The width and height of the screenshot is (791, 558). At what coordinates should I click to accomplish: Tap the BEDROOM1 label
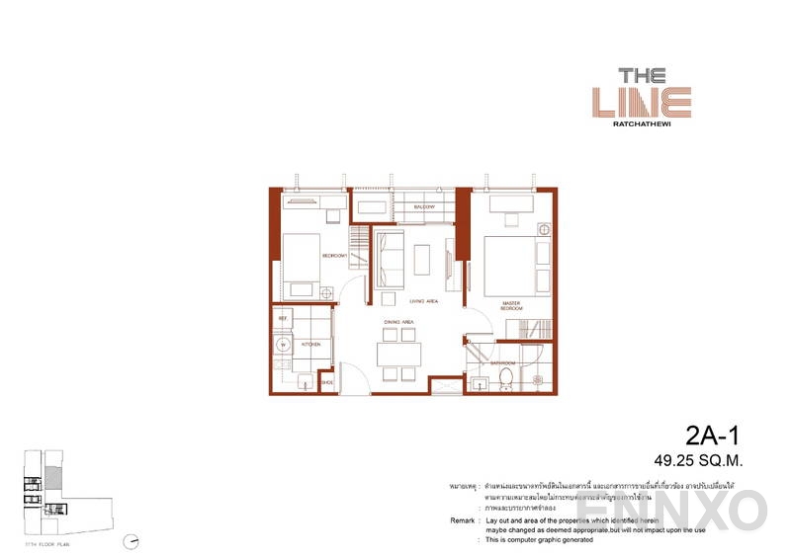point(333,256)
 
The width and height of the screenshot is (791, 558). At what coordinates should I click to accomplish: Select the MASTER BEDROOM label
point(510,305)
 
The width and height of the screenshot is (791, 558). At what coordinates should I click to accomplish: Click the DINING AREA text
point(398,322)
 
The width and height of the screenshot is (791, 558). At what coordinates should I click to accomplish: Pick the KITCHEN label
point(310,345)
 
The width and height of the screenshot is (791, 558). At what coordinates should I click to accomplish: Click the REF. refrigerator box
point(283,319)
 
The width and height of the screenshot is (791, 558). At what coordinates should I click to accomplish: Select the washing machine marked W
point(284,345)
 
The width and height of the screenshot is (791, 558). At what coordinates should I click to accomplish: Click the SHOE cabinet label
point(327,382)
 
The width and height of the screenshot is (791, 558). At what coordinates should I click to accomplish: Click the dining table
point(398,354)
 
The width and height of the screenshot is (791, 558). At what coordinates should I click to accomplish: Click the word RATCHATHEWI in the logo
point(654,124)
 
